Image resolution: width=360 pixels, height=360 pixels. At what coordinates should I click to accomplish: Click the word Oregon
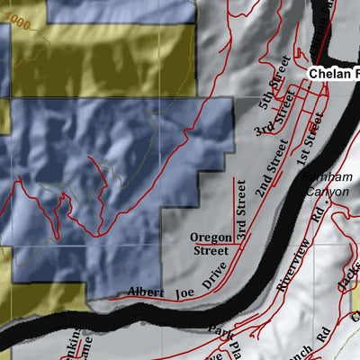[x=211, y=238]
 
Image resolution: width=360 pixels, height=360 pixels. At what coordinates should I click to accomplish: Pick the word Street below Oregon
[x=211, y=251]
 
